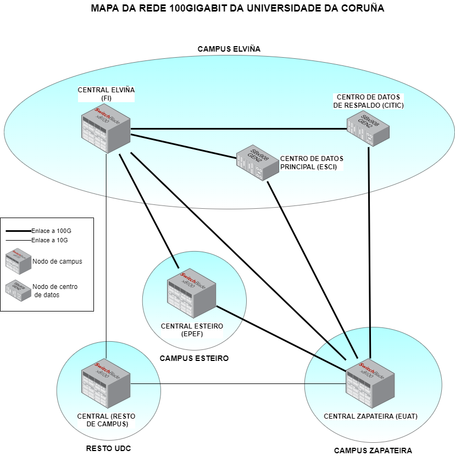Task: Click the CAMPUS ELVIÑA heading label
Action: [x=229, y=49]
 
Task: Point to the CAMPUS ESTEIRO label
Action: [x=193, y=358]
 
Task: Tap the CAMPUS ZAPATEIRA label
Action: [x=373, y=451]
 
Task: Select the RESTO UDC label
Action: [x=108, y=448]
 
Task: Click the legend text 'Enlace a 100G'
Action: [x=51, y=231]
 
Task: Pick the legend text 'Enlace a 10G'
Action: [x=50, y=240]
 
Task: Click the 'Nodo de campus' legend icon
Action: [x=18, y=262]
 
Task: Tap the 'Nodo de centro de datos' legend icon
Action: [x=18, y=290]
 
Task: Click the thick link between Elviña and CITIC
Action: [x=236, y=129]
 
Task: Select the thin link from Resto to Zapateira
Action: [x=220, y=383]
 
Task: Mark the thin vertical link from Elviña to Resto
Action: [x=106, y=247]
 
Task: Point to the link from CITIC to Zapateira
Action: [x=369, y=247]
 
